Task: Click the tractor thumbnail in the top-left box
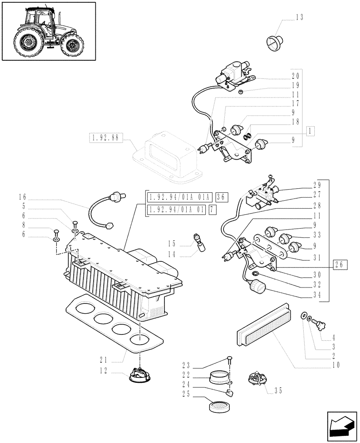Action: tap(49, 31)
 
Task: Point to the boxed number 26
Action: tap(340, 265)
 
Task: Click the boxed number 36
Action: tap(221, 197)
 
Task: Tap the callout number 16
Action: tap(23, 196)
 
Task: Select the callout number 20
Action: tap(296, 76)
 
